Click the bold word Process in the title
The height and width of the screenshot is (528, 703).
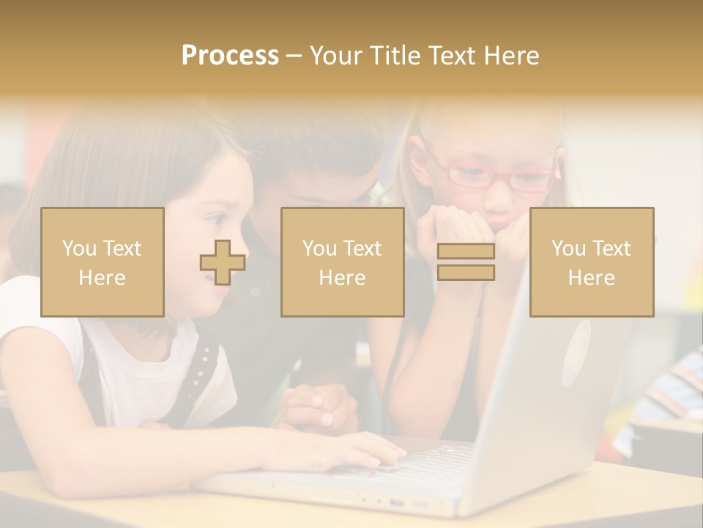pyautogui.click(x=230, y=56)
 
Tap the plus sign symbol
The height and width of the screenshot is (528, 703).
pyautogui.click(x=223, y=263)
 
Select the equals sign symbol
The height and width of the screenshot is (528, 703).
pyautogui.click(x=466, y=262)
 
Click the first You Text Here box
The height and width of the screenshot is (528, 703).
pyautogui.click(x=103, y=262)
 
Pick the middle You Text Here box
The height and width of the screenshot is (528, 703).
pyautogui.click(x=342, y=262)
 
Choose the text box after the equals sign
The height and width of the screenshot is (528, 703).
pyautogui.click(x=591, y=262)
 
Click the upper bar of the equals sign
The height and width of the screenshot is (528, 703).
pyautogui.click(x=466, y=252)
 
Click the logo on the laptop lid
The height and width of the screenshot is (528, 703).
pyautogui.click(x=576, y=352)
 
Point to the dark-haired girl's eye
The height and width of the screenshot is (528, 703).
pyautogui.click(x=217, y=219)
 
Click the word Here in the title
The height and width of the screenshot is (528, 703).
pyautogui.click(x=513, y=56)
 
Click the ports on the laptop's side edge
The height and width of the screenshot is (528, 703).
pyautogui.click(x=395, y=503)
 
